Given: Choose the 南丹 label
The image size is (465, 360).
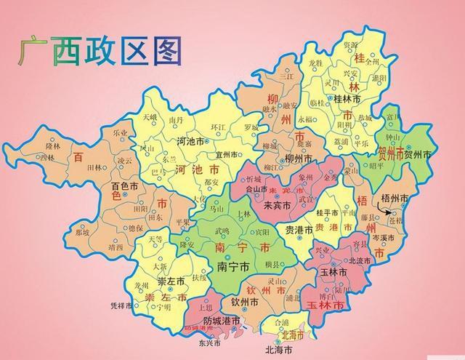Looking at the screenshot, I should tap(175, 119).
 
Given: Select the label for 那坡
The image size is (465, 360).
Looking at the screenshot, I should tap(81, 233).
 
